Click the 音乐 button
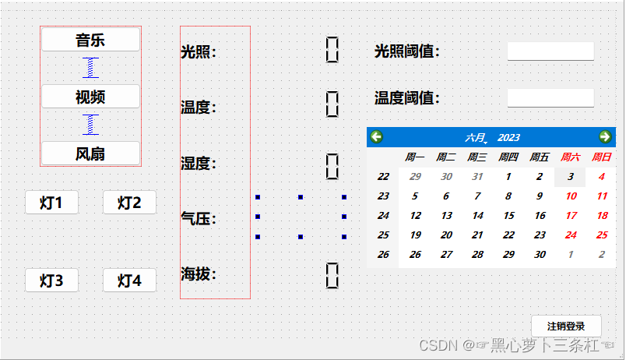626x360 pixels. (x=90, y=41)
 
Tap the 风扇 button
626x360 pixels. (x=90, y=154)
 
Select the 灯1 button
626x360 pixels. (x=51, y=203)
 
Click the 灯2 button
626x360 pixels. (x=129, y=203)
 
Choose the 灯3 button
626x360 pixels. (x=51, y=281)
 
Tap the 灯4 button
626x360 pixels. (x=129, y=281)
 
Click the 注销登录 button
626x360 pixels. (x=566, y=326)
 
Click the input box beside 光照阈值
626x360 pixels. (x=550, y=51)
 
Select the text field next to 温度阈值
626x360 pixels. (x=550, y=98)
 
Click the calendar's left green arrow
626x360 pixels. (x=377, y=137)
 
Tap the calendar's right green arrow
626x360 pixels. (x=605, y=137)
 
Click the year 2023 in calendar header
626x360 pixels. (x=508, y=138)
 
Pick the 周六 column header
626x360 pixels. (x=571, y=157)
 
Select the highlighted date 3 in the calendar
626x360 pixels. (x=571, y=177)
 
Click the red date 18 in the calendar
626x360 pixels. (x=602, y=216)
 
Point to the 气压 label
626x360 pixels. (x=198, y=219)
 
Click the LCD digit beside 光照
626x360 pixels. (x=332, y=49)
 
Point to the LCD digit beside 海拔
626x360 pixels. (x=332, y=275)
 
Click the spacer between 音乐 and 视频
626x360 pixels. (x=91, y=68)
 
